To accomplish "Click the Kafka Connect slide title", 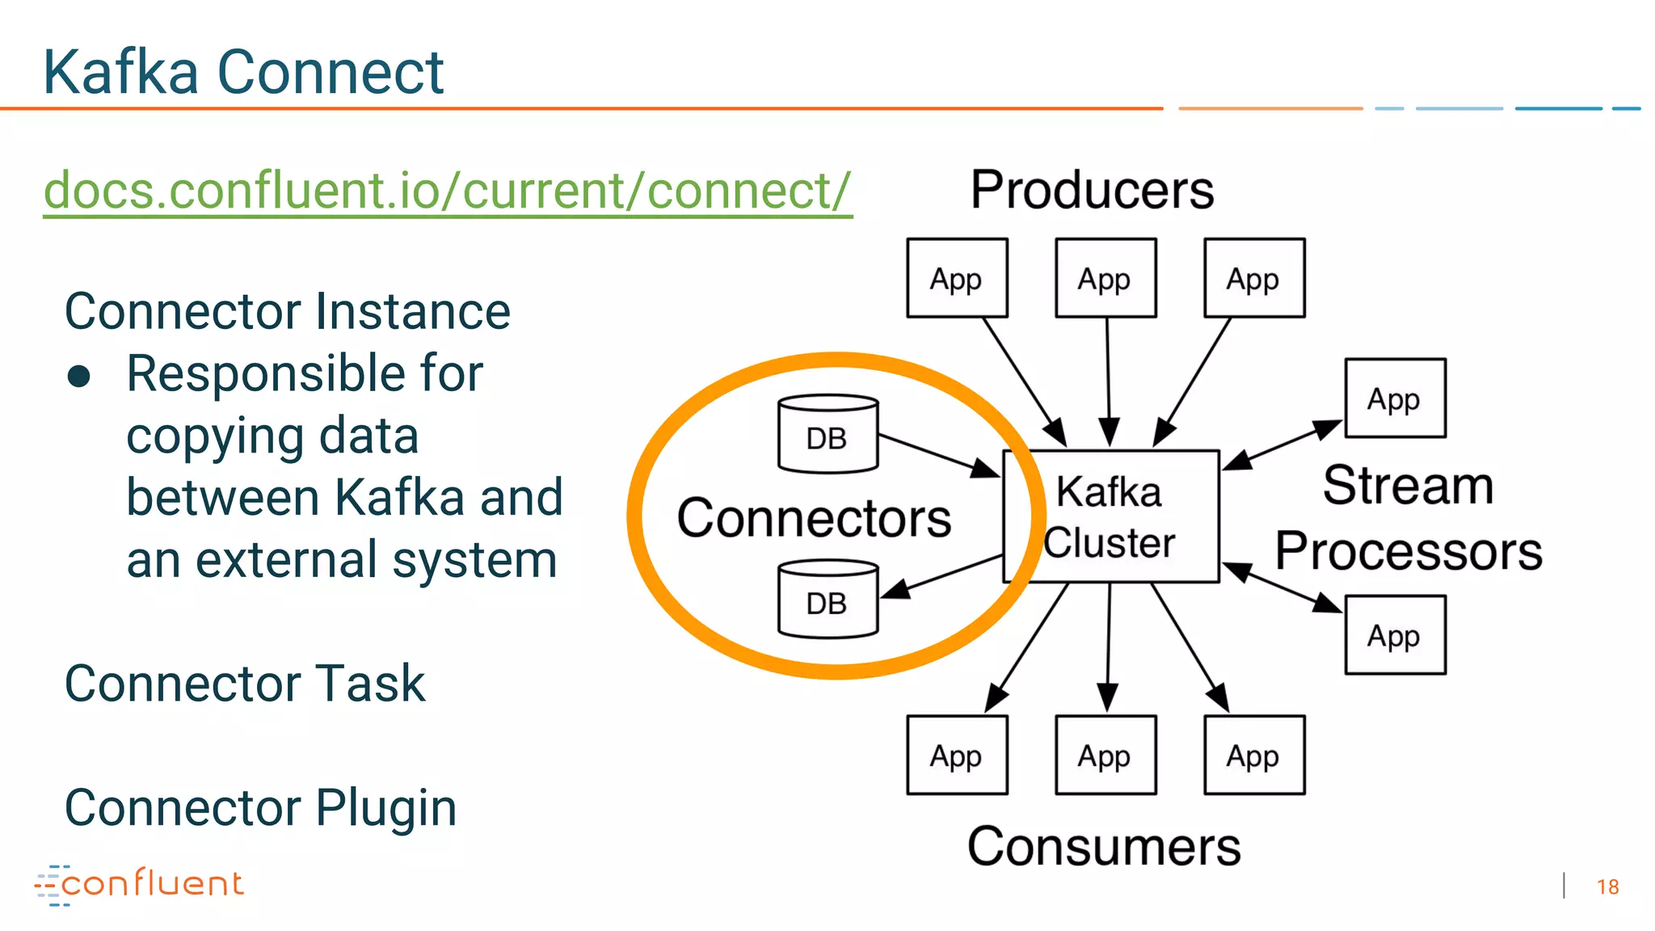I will [x=242, y=73].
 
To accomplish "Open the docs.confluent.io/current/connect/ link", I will [x=447, y=191].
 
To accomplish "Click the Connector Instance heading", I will [x=287, y=312].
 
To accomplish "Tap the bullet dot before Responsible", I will [x=79, y=377].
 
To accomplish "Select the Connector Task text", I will [x=244, y=684].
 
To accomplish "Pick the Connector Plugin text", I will [x=260, y=807].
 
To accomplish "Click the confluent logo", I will [x=139, y=884].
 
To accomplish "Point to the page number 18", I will [x=1607, y=887].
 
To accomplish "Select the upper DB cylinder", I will [x=827, y=434].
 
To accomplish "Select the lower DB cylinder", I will [x=827, y=600].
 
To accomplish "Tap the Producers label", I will [x=1092, y=191].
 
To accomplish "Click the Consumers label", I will [x=1104, y=847].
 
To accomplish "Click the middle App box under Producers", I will [x=1105, y=278].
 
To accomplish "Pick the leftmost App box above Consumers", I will [x=957, y=755].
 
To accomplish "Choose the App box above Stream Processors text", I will [x=1395, y=398].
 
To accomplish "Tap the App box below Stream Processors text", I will [x=1395, y=635].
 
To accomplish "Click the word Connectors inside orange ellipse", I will [x=814, y=518].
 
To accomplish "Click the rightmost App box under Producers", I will [x=1254, y=278].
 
